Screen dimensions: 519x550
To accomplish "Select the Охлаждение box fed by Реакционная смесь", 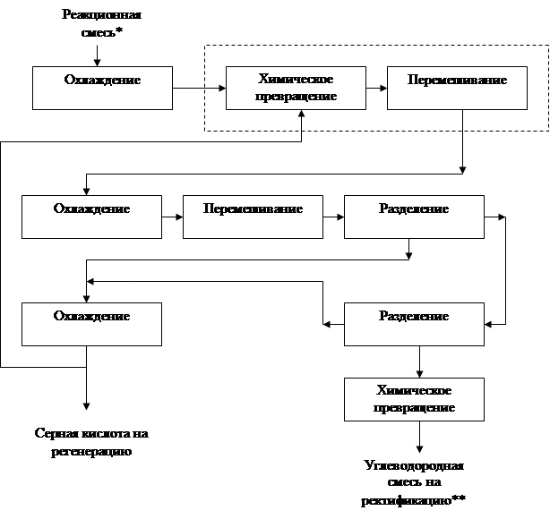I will (x=101, y=87).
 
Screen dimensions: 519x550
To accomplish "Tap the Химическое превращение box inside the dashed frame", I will (x=296, y=88).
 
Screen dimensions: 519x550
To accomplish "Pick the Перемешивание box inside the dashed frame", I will (x=457, y=88).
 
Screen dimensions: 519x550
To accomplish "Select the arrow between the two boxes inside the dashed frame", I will (x=376, y=88).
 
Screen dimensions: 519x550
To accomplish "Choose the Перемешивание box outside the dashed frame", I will (x=253, y=217).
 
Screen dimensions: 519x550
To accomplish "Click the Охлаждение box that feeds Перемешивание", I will (x=91, y=217).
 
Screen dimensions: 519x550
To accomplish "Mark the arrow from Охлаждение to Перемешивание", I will (x=172, y=217).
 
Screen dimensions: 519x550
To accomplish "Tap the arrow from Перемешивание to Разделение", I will (x=333, y=217).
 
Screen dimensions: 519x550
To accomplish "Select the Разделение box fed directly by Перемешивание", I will (x=413, y=217).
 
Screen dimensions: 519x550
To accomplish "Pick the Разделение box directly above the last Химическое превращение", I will (x=413, y=324).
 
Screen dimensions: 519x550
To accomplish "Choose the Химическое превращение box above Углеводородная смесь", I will (x=414, y=399).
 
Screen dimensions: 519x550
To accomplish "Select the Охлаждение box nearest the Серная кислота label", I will (x=91, y=324).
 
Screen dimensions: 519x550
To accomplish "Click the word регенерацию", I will (x=91, y=452).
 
